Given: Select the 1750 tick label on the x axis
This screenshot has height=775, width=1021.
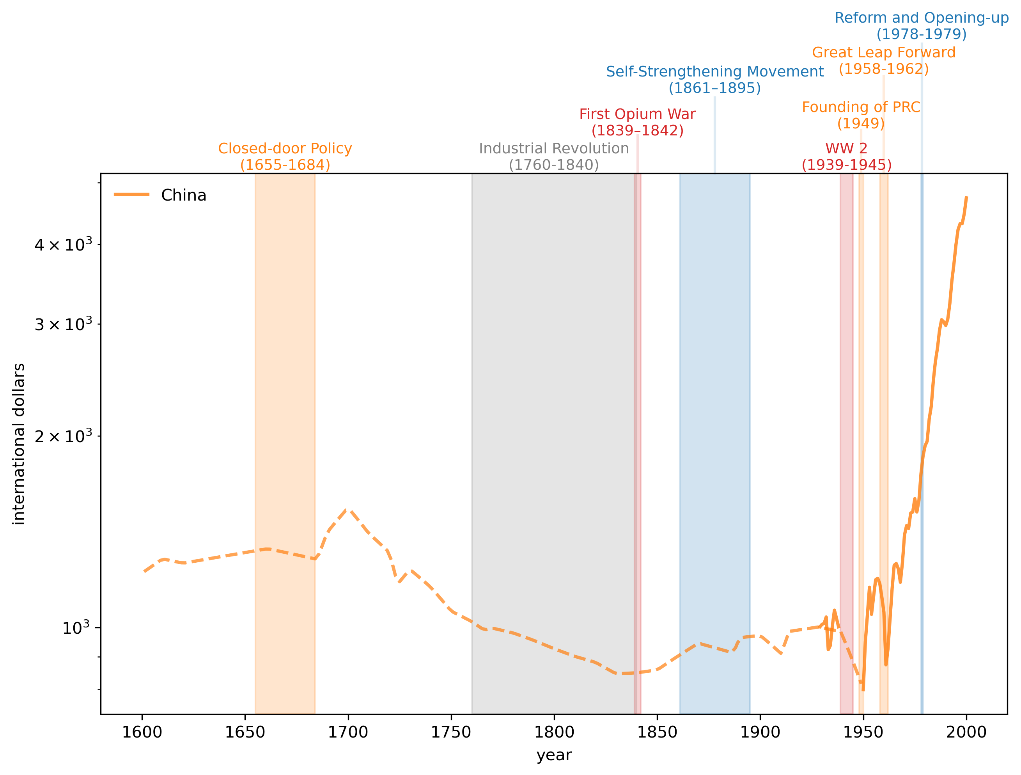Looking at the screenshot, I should pos(450,732).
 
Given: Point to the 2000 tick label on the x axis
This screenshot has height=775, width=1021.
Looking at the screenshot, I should pos(966,732).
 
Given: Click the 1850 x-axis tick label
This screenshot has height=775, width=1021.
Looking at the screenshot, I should pos(657,732).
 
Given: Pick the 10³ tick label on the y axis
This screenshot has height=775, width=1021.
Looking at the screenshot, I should pos(76,628).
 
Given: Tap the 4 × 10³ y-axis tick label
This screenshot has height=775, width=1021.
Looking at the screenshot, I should pos(63,245).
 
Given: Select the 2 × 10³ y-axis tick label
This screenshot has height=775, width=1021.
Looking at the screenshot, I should pos(63,436).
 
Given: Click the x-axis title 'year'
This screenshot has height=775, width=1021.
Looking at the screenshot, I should pos(554,755).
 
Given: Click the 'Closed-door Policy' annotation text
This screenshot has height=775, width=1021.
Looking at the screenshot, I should pos(285,149).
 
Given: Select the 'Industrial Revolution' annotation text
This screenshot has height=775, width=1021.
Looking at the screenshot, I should pos(553,149).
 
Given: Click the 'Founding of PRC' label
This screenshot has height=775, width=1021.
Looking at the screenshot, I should pos(861,107).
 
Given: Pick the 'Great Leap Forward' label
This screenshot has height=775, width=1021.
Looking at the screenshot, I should pos(883,53).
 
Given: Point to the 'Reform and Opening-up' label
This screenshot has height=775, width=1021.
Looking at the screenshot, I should pos(921,18).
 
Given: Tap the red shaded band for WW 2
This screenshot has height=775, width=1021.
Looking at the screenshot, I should pos(846,416).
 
